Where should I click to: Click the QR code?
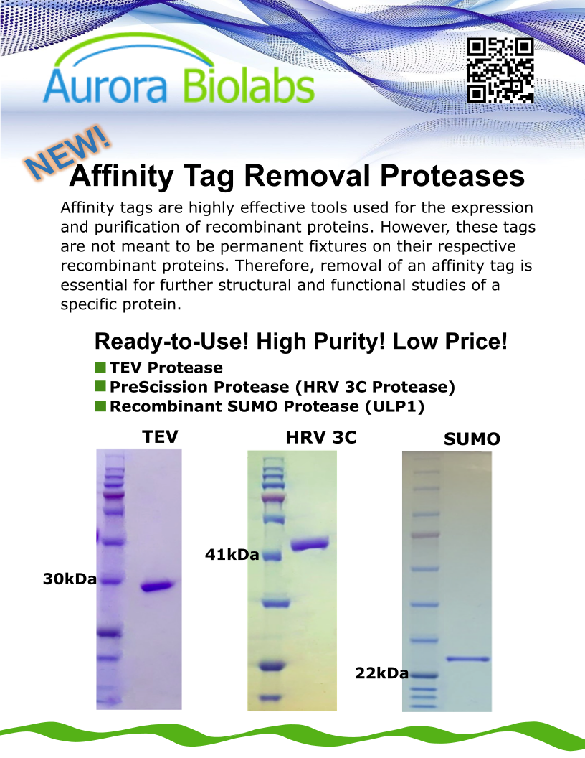500,70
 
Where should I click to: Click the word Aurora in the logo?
105,86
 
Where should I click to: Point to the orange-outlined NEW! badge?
67,153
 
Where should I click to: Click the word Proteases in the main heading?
452,175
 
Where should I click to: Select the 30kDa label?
70,579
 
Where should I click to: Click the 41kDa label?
232,554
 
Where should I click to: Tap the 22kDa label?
382,673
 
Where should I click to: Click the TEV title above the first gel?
161,436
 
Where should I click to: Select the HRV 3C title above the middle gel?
321,437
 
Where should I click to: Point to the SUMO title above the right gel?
472,439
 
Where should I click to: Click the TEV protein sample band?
156,586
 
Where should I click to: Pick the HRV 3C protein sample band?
310,544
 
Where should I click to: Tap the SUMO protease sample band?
467,658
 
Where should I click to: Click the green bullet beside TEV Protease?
100,368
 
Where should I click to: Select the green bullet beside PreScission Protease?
100,386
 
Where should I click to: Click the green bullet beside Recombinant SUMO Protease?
100,406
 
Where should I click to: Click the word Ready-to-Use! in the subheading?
172,341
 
